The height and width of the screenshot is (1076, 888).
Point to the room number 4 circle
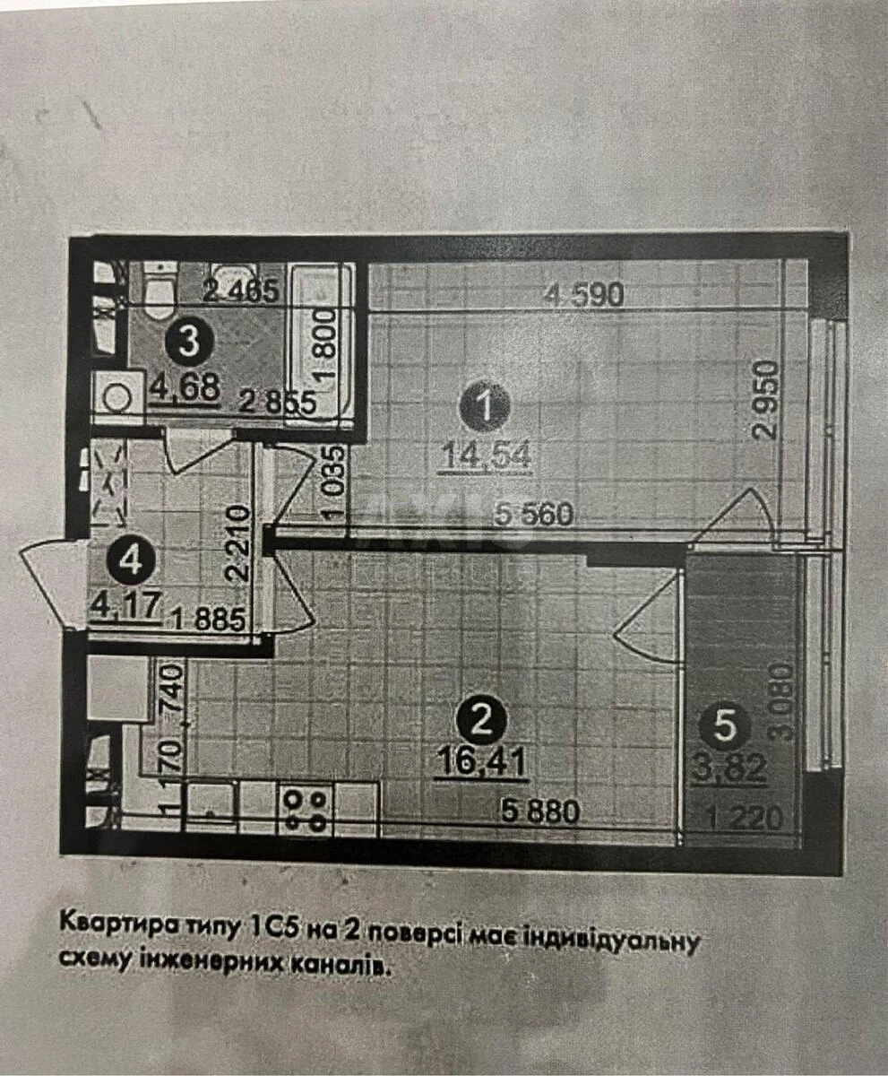click(x=129, y=562)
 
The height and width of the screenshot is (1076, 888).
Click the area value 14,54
click(x=485, y=456)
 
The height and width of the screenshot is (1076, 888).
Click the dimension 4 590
click(x=583, y=295)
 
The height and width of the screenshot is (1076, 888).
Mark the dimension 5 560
click(x=535, y=515)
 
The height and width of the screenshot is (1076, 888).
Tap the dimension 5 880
click(x=540, y=812)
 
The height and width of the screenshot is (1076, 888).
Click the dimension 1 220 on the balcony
click(x=739, y=818)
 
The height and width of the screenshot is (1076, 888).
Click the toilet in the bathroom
click(x=158, y=289)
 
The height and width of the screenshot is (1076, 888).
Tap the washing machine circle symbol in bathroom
click(x=117, y=396)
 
